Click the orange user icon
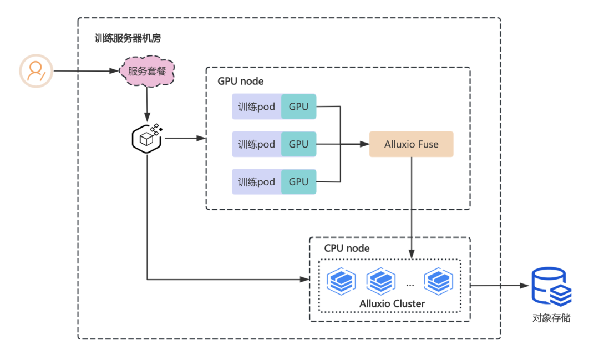[36, 71]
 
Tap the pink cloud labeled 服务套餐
[147, 72]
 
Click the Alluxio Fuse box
[412, 144]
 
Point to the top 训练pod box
[257, 107]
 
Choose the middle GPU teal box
[298, 144]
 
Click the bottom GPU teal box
[298, 182]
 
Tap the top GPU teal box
[298, 107]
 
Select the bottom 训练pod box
[257, 182]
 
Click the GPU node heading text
[241, 82]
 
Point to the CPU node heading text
[347, 249]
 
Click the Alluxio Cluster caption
[392, 303]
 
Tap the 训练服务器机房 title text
[128, 39]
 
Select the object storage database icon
[551, 286]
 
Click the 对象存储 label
[551, 318]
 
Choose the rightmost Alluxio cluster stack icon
[439, 281]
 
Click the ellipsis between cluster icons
[410, 284]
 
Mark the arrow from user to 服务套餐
[86, 71]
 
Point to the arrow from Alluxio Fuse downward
[412, 205]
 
